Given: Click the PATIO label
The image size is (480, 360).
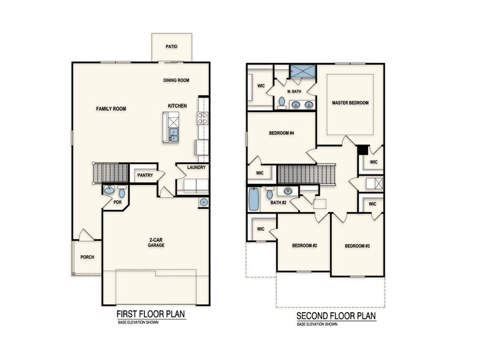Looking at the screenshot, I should [x=171, y=47].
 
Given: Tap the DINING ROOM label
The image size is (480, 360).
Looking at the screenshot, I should [x=176, y=80].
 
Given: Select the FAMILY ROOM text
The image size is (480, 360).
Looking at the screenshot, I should [x=111, y=108].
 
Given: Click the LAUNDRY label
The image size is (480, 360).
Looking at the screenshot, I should [x=197, y=167].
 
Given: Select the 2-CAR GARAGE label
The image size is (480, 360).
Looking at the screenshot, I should [x=156, y=242].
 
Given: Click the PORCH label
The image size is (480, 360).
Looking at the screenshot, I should [x=87, y=257].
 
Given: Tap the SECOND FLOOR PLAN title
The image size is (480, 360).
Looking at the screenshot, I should [x=336, y=316].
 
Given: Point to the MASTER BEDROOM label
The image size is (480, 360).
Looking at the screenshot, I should [x=350, y=103].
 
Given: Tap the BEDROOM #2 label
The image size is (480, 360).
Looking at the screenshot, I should [x=304, y=246].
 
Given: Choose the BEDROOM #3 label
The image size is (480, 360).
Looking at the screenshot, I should [x=357, y=246].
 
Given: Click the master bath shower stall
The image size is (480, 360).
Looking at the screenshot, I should [x=301, y=72].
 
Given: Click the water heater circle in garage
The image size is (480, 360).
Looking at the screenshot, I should [x=203, y=203].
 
